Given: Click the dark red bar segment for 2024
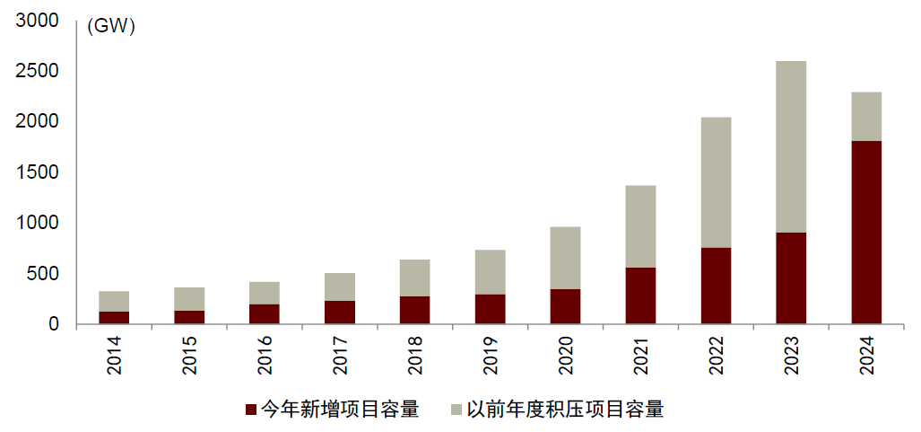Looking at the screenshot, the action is coord(866,233).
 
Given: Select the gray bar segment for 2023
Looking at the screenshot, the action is coord(791,146).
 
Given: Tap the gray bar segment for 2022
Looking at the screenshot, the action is coord(716,182).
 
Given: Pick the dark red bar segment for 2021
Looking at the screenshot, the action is coord(640,295).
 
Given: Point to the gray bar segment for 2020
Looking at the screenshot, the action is coord(565,258).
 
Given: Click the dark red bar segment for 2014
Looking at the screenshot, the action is coord(114,317).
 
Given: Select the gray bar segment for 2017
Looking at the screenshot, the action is coord(340,287).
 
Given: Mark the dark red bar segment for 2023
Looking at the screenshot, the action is coord(791,278).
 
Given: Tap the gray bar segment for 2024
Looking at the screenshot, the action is coord(866,117).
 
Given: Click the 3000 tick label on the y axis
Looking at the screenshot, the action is coord(37,21).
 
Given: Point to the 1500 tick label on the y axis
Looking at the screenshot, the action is coord(37,172).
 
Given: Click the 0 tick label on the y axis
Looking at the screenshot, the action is coord(54,324).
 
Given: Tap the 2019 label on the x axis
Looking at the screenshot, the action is coord(491,356).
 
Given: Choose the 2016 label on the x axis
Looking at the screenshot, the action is coord(265,356).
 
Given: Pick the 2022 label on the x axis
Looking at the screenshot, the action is coord(716,356).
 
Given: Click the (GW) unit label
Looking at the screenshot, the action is coord(110,27).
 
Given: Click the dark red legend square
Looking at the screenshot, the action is coord(251,410).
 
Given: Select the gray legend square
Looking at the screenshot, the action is coord(456,410).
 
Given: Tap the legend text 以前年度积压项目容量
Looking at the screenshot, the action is coord(565,410).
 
